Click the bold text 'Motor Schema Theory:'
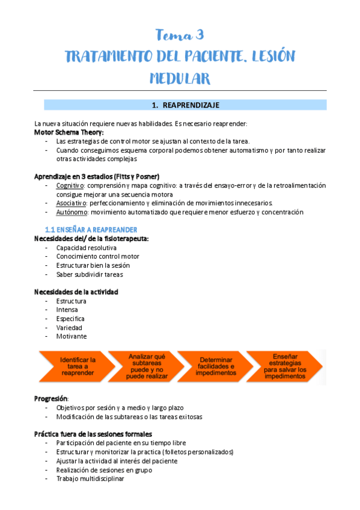69,132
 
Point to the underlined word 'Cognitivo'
70,186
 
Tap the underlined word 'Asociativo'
71,203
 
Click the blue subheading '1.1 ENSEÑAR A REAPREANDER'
91,230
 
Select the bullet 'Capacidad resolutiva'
87,248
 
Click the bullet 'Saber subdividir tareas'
90,274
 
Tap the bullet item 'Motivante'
71,336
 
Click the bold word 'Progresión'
51,398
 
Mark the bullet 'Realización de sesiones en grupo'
104,470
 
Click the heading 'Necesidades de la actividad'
76,292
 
